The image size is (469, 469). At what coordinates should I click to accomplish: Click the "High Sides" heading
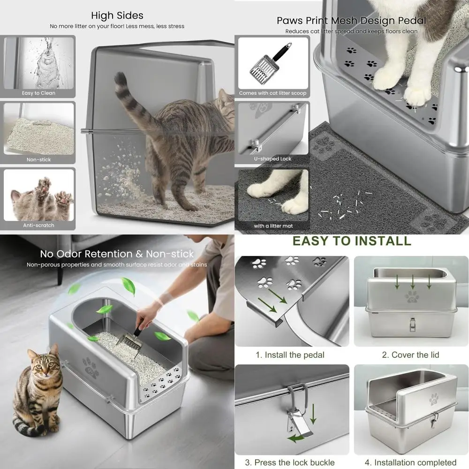[117, 16]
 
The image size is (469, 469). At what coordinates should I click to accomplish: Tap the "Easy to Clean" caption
[38, 93]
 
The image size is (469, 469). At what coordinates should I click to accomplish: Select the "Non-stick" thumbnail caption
[38, 159]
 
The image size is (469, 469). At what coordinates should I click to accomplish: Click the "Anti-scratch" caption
[38, 225]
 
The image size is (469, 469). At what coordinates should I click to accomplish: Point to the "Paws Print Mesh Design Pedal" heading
[351, 21]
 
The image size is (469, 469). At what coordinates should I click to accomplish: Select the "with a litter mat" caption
[273, 226]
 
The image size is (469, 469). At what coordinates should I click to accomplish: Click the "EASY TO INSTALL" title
[352, 241]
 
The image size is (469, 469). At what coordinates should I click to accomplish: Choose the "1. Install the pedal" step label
[290, 355]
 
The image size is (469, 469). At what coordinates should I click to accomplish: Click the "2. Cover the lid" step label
[410, 355]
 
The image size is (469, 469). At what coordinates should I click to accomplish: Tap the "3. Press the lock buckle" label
[290, 462]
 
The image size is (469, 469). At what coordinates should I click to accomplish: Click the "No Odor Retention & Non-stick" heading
[117, 254]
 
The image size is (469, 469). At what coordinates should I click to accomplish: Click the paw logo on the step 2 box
[412, 296]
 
